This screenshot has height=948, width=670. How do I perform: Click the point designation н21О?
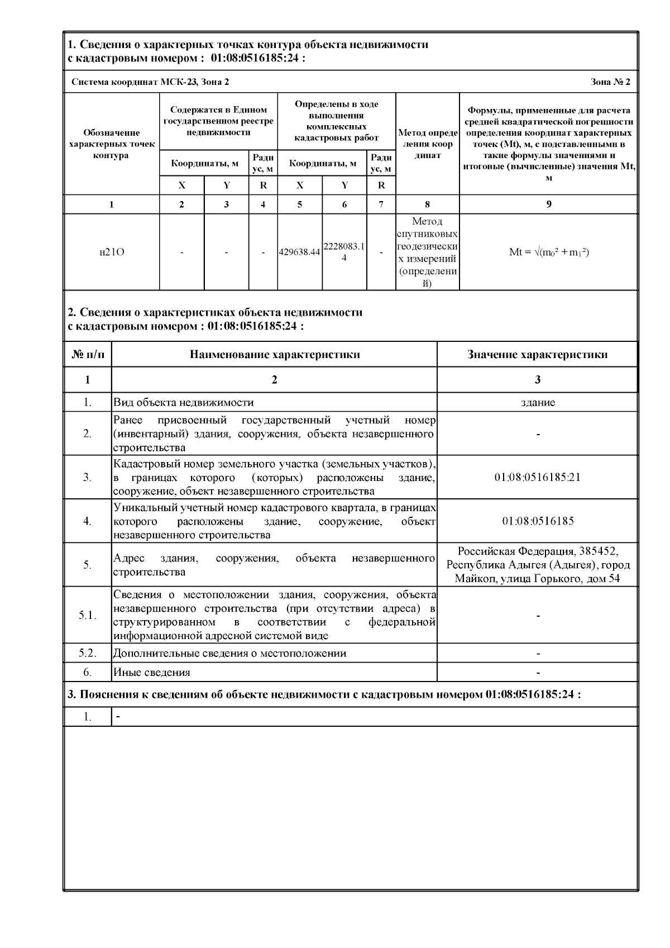(x=112, y=252)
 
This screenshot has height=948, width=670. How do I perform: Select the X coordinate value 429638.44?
(x=300, y=252)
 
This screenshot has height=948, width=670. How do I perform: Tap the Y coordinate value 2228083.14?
(x=344, y=252)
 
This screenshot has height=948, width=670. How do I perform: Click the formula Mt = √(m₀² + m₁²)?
(x=549, y=252)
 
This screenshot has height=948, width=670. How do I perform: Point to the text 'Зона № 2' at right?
(x=610, y=82)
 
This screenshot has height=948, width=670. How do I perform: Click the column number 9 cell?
(x=549, y=204)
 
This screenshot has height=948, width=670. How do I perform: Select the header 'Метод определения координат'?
(x=428, y=144)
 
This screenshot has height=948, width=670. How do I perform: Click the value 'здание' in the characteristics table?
(x=538, y=402)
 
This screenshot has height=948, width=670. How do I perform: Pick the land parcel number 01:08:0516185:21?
(x=538, y=478)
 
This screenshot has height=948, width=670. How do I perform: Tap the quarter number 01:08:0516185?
(x=538, y=521)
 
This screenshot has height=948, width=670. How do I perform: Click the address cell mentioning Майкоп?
(x=538, y=564)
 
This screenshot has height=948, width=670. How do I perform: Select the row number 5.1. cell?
(x=88, y=615)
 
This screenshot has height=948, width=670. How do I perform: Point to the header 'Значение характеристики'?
(x=537, y=354)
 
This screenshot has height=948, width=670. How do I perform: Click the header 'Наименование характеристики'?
(x=274, y=354)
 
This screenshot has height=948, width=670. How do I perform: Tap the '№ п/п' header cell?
(x=88, y=354)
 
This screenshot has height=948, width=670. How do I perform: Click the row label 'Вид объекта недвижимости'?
(x=184, y=402)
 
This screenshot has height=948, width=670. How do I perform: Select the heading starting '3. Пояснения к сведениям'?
(x=324, y=694)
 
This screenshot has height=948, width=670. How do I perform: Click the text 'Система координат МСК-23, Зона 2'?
(x=150, y=82)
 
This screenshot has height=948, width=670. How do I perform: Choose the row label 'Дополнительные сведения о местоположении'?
(x=229, y=653)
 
